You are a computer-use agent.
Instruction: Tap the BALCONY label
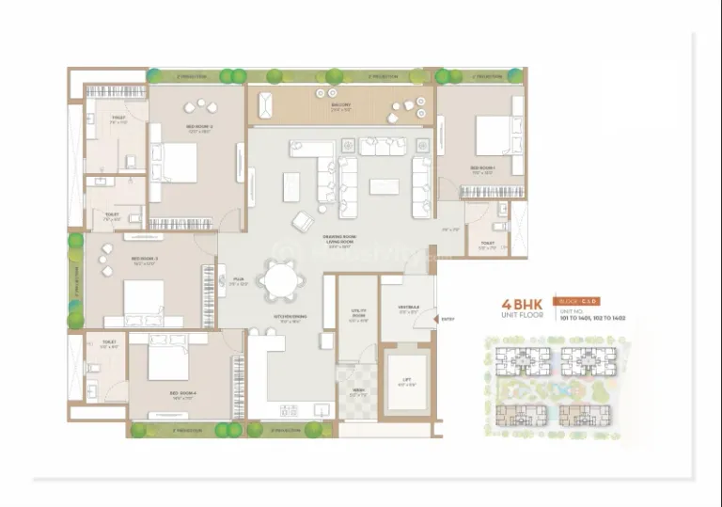[340, 106]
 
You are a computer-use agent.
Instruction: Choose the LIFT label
[407, 381]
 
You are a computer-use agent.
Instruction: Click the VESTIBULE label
[408, 309]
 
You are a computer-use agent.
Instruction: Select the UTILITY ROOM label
[357, 313]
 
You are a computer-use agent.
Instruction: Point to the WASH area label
[357, 392]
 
